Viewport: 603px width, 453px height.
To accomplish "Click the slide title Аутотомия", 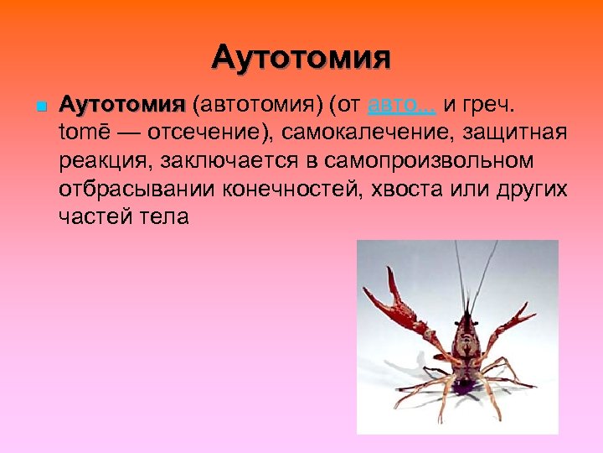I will click(301, 58).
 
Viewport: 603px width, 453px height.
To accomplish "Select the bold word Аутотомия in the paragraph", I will click(122, 107).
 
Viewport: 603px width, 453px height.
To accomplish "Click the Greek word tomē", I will click(85, 134).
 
